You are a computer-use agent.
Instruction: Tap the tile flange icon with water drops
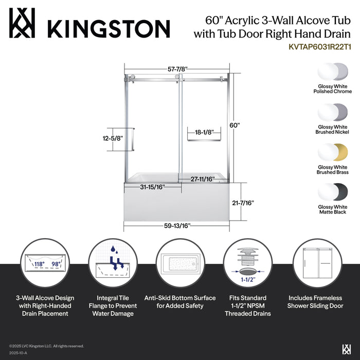click(x=112, y=263)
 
